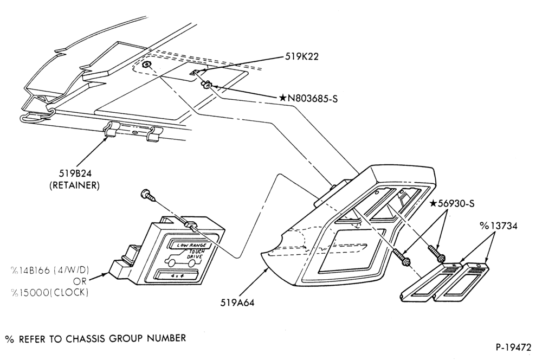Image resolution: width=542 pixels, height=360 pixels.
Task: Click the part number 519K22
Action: click(301, 56)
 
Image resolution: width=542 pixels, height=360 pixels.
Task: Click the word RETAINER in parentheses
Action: click(75, 185)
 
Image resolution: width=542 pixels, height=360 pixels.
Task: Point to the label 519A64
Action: click(237, 303)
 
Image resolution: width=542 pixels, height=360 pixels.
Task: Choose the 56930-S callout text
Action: click(456, 204)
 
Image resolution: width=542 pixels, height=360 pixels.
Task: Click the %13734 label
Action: click(498, 226)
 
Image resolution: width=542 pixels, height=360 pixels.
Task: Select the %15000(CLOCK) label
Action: click(49, 293)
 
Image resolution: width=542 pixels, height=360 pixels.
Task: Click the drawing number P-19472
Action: click(513, 347)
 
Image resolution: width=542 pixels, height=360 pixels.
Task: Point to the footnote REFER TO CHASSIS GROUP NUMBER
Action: click(102, 338)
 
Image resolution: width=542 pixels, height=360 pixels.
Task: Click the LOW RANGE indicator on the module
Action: click(191, 245)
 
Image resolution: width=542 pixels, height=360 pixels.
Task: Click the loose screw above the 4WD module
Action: click(149, 195)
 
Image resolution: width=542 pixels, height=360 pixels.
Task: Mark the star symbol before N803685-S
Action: click(283, 98)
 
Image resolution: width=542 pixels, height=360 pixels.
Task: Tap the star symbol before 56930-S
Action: click(434, 203)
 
